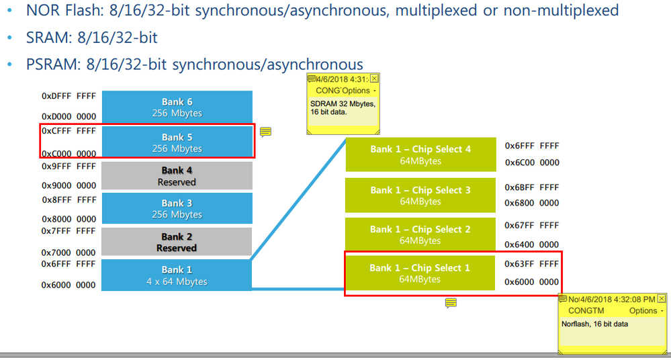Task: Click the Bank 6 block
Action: pos(177,107)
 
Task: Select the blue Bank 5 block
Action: pos(177,142)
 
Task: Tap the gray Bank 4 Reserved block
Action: pos(177,176)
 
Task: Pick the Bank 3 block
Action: pos(177,208)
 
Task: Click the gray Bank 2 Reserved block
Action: pos(176,242)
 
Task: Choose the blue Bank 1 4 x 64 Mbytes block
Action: pos(176,275)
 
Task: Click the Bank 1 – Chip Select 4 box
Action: pos(420,154)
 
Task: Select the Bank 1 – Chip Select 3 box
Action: pos(420,195)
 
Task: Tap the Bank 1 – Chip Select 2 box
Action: pos(420,234)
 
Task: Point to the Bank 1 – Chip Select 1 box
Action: pos(420,273)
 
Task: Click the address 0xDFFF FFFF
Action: pos(69,96)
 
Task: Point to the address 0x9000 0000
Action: pos(69,185)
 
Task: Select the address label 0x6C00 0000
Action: pos(532,163)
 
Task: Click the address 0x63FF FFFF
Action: pos(531,264)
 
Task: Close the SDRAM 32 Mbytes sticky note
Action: pos(374,79)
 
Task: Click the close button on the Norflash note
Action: pos(662,298)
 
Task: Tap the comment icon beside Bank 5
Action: pos(265,132)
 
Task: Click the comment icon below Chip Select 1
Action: pos(451,303)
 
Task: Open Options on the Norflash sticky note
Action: pos(645,311)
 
